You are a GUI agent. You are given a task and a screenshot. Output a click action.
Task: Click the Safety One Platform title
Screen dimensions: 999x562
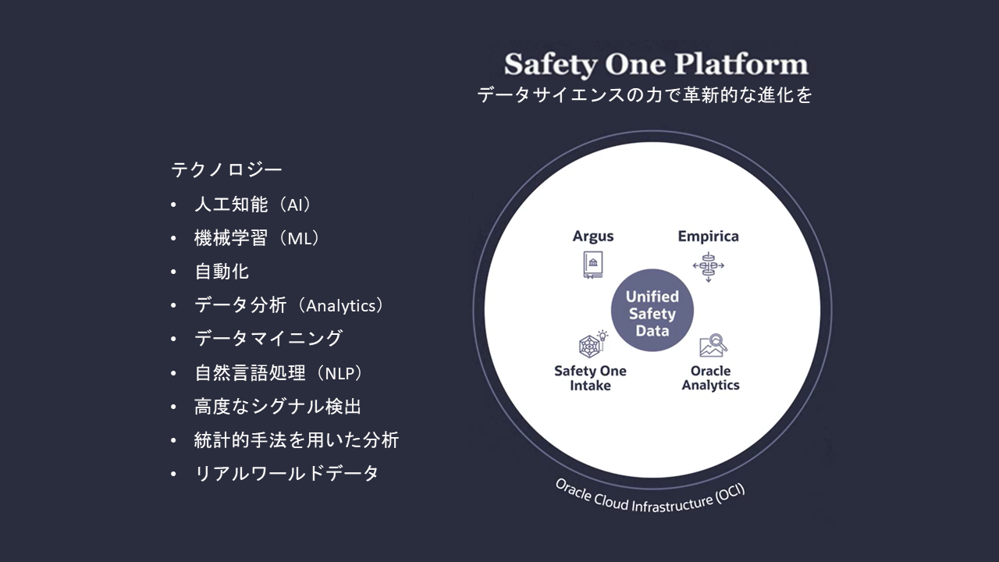(x=656, y=65)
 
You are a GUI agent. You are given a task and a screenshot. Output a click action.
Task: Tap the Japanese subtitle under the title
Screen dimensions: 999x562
(x=645, y=95)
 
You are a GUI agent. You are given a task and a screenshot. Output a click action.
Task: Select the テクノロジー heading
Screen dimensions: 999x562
(x=226, y=170)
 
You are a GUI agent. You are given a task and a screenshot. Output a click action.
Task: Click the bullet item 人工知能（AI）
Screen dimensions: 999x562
(x=252, y=205)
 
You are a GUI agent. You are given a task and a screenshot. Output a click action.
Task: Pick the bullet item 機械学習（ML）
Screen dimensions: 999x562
(x=257, y=238)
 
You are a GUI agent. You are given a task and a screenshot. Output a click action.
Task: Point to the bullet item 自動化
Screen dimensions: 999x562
(x=222, y=272)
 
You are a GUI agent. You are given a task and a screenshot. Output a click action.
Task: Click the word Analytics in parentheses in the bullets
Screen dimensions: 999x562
(x=341, y=306)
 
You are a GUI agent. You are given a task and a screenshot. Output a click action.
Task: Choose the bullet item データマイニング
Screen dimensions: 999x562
(x=268, y=339)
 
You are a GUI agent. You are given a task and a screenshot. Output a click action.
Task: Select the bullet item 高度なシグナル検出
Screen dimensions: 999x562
(x=277, y=407)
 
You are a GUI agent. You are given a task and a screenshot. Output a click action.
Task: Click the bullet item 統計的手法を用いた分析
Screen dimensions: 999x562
(x=297, y=440)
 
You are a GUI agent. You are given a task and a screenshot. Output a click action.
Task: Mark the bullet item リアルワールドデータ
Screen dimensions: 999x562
(x=286, y=473)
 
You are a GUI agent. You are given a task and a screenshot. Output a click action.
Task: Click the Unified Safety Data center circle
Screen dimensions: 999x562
(x=652, y=311)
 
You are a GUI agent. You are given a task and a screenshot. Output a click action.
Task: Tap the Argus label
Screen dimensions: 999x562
(x=593, y=237)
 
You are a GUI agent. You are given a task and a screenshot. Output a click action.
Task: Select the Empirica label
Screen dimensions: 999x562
(x=708, y=237)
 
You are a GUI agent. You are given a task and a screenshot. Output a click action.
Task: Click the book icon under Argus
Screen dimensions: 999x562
(x=593, y=265)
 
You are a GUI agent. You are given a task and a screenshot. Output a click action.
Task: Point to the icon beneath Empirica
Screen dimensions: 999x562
(x=708, y=266)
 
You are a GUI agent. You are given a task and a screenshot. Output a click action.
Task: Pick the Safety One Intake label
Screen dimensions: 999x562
(x=590, y=379)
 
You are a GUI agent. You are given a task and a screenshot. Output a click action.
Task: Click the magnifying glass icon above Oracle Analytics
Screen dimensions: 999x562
(x=713, y=346)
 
